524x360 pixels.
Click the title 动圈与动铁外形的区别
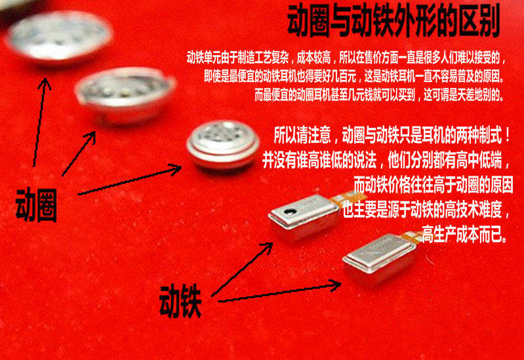coord(393,21)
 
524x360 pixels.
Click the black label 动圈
coord(37,205)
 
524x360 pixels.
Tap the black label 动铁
coord(180,301)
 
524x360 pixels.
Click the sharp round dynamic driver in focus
coord(223,144)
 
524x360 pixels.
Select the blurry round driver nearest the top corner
coord(58,36)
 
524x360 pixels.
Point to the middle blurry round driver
coord(125,94)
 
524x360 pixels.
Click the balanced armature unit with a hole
coord(304,216)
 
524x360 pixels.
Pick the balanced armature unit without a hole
coord(379,258)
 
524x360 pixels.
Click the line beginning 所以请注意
coord(392,135)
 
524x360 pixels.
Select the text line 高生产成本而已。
coord(465,234)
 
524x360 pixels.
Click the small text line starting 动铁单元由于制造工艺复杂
coord(346,58)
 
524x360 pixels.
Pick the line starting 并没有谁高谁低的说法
coord(386,161)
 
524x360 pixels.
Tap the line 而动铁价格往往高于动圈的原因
coord(433,185)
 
